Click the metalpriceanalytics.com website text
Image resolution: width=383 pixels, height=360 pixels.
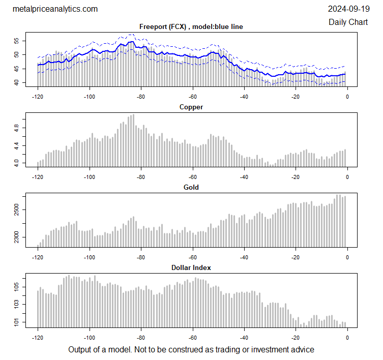pyautogui.click(x=54, y=9)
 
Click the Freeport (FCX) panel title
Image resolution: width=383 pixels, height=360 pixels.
pyautogui.click(x=191, y=27)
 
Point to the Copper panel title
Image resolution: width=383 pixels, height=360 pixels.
pyautogui.click(x=191, y=107)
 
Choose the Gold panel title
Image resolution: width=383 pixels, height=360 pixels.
pyautogui.click(x=191, y=187)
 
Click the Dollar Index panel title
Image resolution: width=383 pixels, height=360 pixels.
pyautogui.click(x=191, y=267)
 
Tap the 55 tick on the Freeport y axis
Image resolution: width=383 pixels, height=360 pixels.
pyautogui.click(x=16, y=40)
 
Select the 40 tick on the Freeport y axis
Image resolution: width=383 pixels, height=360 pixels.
pyautogui.click(x=16, y=83)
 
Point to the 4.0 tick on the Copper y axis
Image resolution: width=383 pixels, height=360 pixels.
pyautogui.click(x=16, y=163)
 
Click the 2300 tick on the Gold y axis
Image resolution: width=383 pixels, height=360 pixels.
pyautogui.click(x=16, y=237)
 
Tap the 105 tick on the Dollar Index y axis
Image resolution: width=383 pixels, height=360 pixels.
pyautogui.click(x=16, y=288)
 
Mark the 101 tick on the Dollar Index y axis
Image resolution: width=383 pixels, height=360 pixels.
pyautogui.click(x=16, y=322)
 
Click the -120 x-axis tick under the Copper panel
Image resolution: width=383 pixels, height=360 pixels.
pyautogui.click(x=38, y=176)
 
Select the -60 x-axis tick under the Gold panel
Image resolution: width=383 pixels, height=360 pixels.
pyautogui.click(x=193, y=256)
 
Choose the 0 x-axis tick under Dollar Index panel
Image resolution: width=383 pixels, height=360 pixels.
pyautogui.click(x=347, y=337)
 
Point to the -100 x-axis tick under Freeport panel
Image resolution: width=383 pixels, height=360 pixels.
pyautogui.click(x=90, y=96)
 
